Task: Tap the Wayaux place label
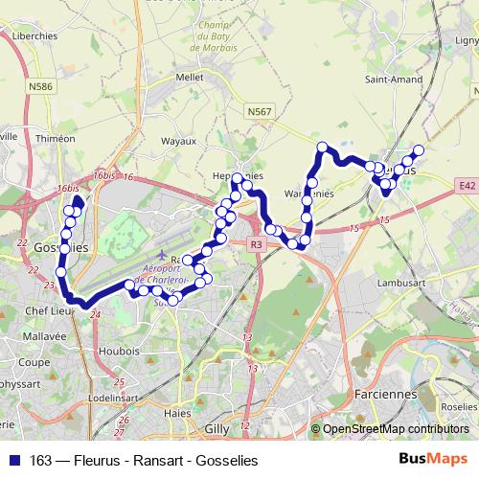coord(177,141)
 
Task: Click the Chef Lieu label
coord(46,310)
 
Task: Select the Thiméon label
coord(54,138)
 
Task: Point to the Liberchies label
coord(36,35)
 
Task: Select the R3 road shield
coord(256,245)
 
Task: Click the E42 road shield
coord(467,186)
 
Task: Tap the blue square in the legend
coord(13,460)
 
